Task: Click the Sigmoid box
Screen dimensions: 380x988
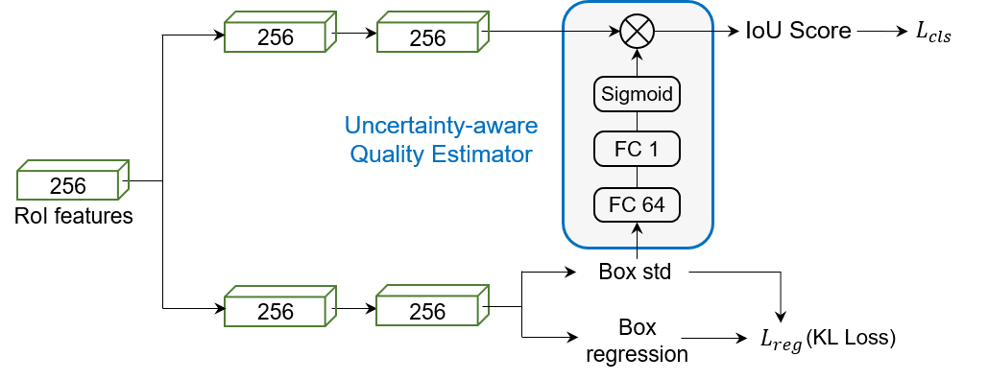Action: [x=637, y=94]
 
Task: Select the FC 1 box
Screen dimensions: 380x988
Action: [x=637, y=149]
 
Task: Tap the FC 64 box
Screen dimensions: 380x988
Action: [x=637, y=204]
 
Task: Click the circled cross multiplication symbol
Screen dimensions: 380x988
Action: [x=637, y=32]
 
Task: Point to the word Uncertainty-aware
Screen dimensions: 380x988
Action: [x=442, y=126]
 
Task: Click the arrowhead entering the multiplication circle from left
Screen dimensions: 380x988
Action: [x=614, y=32]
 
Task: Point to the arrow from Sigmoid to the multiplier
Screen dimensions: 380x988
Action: [x=637, y=61]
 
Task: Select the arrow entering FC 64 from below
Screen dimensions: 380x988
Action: [x=637, y=234]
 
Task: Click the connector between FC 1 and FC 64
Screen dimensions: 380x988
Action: [x=637, y=177]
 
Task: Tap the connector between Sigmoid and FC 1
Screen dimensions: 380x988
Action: [x=637, y=122]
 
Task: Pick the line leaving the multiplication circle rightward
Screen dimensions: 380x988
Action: [x=684, y=32]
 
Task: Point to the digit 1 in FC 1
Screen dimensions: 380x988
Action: [x=653, y=149]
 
